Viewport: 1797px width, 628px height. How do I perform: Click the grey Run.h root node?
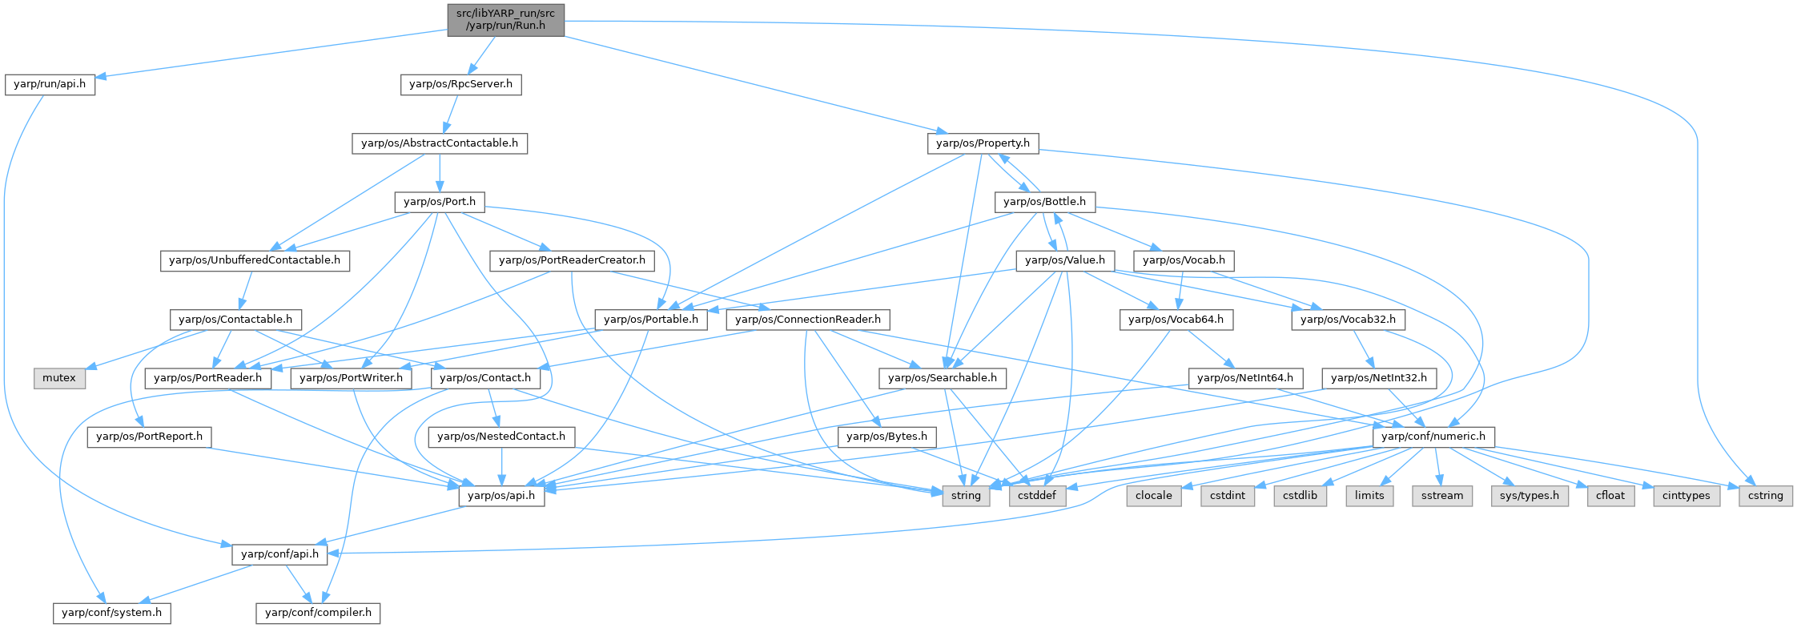[505, 19]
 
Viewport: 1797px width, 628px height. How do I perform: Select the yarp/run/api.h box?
[50, 84]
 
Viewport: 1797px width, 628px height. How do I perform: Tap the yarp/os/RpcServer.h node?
[460, 84]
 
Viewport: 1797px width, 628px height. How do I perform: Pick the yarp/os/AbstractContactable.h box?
[440, 143]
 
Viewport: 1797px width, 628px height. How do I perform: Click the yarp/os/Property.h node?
[983, 143]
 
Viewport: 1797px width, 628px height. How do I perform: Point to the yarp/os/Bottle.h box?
[1044, 202]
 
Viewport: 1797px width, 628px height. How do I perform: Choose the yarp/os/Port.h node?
[440, 202]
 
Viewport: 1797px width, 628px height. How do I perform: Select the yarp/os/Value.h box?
[1064, 260]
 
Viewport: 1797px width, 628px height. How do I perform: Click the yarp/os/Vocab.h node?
[1184, 260]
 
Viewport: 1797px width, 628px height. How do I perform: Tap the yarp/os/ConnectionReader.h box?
[807, 320]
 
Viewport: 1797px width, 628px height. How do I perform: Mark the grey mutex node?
[59, 378]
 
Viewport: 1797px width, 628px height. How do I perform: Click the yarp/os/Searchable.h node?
[942, 378]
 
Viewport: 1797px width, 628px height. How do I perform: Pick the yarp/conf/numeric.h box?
[1433, 437]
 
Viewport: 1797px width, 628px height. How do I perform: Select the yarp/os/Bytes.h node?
[886, 437]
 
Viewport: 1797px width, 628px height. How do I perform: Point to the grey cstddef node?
[1037, 496]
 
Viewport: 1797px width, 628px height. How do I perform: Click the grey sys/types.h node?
[1529, 496]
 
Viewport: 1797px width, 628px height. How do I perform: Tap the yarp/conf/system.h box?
[112, 613]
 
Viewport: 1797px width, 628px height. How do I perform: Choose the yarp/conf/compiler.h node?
[318, 613]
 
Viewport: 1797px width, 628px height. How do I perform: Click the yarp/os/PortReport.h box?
[149, 437]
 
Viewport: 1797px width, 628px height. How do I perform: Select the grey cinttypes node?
[1686, 496]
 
